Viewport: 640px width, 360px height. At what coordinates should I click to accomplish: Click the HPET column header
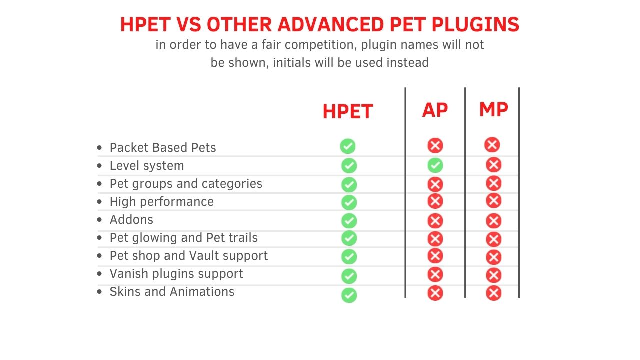point(347,111)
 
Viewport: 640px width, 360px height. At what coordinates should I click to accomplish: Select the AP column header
point(435,110)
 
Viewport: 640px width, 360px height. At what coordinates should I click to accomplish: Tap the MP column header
point(493,109)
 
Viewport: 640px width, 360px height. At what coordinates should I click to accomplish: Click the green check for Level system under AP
point(435,165)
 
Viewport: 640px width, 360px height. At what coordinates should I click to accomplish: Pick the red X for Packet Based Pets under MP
point(492,145)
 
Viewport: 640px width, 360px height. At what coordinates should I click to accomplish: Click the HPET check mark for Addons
point(349,221)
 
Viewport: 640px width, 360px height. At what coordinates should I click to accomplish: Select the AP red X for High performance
point(435,201)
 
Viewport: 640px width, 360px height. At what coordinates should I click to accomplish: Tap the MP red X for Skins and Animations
point(493,293)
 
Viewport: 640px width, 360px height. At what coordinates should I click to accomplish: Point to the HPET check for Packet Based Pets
point(348,146)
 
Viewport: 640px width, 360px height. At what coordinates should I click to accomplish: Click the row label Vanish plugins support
point(176,274)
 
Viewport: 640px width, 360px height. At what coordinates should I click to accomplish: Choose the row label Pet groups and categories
point(186,184)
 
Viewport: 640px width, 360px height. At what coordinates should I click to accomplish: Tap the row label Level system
point(147,166)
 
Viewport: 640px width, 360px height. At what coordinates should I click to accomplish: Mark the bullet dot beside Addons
point(99,219)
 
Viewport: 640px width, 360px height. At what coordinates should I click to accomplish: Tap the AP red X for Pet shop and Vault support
point(435,256)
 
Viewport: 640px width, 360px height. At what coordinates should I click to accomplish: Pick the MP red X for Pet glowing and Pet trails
point(493,239)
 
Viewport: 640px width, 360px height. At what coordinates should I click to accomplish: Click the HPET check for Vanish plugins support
point(349,276)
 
